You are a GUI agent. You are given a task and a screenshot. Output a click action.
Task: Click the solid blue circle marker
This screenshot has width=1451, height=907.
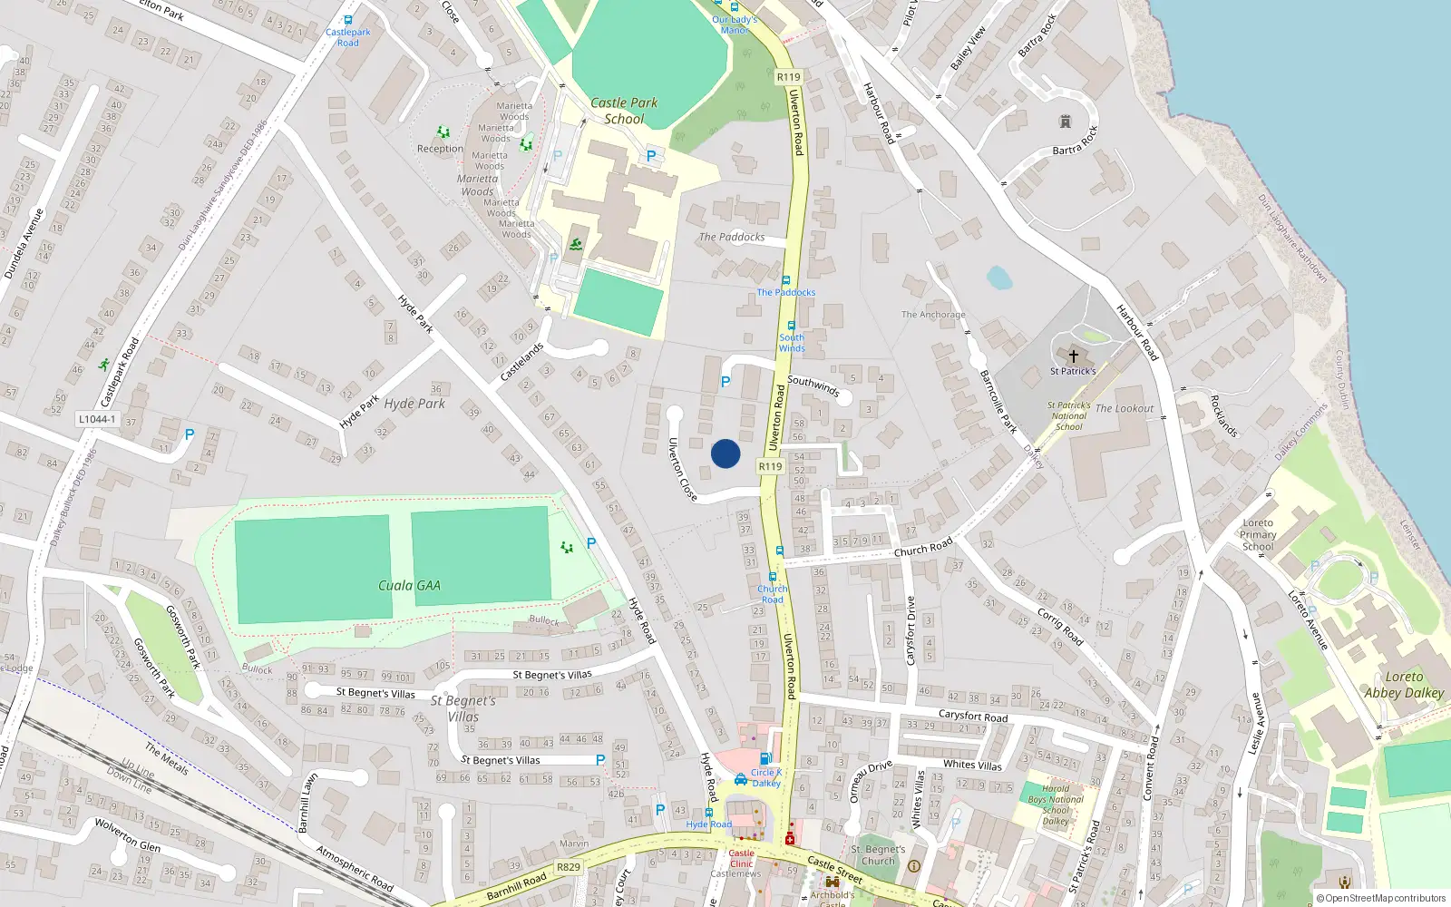(x=725, y=453)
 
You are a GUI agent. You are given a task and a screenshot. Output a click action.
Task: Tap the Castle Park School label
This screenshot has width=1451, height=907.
(x=624, y=111)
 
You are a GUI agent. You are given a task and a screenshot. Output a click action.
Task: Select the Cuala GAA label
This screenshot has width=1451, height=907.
(x=409, y=586)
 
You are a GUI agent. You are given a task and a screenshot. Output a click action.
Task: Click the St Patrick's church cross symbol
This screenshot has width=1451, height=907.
(x=1074, y=356)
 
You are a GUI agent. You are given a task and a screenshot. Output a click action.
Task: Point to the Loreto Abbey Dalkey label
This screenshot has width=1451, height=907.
(x=1404, y=685)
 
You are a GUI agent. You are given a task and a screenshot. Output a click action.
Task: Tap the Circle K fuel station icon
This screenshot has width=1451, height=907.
(x=765, y=759)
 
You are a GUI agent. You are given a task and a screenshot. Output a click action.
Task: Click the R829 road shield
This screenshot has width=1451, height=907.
(x=569, y=867)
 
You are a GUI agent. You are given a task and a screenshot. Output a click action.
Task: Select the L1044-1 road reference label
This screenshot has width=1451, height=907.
(x=97, y=419)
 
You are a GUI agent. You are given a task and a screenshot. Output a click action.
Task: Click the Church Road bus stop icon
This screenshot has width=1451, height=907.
(x=773, y=577)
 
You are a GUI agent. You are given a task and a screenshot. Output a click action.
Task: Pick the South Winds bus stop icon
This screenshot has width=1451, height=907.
(x=791, y=326)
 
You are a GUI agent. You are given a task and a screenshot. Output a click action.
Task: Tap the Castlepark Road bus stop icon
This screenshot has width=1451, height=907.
(x=348, y=20)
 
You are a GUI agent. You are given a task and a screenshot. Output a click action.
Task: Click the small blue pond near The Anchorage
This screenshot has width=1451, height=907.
(x=999, y=278)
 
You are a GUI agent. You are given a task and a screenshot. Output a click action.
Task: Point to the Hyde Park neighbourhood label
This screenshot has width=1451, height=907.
(x=414, y=404)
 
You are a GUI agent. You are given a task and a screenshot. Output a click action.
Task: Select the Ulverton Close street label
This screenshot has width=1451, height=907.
(x=682, y=469)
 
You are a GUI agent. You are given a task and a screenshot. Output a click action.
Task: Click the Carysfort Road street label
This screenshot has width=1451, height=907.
(x=973, y=716)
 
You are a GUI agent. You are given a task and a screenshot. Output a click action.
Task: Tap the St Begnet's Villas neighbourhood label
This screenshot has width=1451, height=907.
(x=463, y=707)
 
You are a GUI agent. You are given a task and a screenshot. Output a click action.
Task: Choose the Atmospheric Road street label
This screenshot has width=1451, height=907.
(x=355, y=867)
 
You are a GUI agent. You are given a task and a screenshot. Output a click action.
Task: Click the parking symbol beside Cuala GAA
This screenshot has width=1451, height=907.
(x=591, y=543)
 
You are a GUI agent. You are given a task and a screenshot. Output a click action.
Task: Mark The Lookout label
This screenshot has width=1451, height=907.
(x=1125, y=409)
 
